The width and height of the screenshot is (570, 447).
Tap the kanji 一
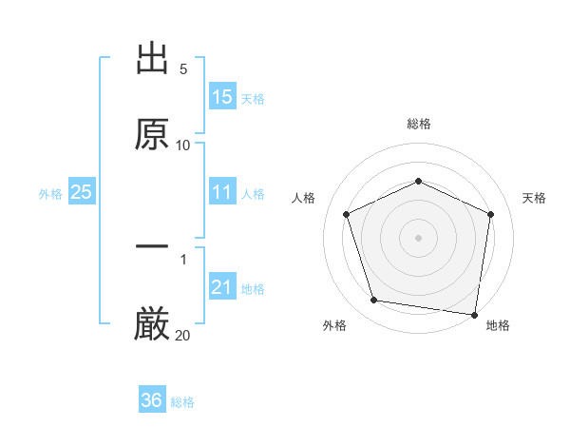pyautogui.click(x=152, y=247)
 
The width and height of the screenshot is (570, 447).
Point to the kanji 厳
pyautogui.click(x=152, y=323)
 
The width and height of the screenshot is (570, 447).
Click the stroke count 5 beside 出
pyautogui.click(x=182, y=70)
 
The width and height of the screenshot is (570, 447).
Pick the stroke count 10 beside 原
pyautogui.click(x=182, y=146)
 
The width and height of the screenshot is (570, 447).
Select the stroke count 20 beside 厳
pyautogui.click(x=182, y=335)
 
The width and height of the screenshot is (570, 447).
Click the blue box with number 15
pyautogui.click(x=222, y=97)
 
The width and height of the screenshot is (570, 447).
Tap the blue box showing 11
pyautogui.click(x=222, y=193)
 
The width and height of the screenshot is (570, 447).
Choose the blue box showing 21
pyautogui.click(x=222, y=287)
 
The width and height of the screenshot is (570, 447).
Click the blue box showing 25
pyautogui.click(x=82, y=193)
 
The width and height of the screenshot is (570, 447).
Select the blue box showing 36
pyautogui.click(x=152, y=401)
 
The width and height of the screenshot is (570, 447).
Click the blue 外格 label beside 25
pyautogui.click(x=50, y=194)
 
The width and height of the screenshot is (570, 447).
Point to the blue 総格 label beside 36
pyautogui.click(x=182, y=402)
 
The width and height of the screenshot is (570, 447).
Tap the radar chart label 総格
pyautogui.click(x=418, y=124)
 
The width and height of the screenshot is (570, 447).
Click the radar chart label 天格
pyautogui.click(x=535, y=198)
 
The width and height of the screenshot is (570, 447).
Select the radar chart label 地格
pyautogui.click(x=498, y=325)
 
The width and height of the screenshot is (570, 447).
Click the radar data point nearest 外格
pyautogui.click(x=374, y=301)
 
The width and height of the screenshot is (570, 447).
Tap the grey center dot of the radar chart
pyautogui.click(x=418, y=237)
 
